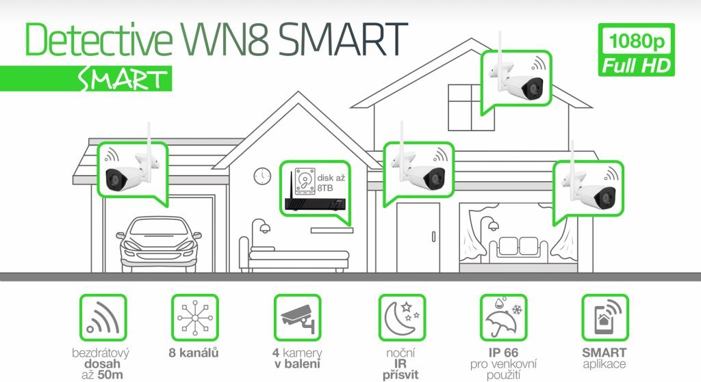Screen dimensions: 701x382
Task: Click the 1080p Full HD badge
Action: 636,49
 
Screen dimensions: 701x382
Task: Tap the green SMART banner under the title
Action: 86,79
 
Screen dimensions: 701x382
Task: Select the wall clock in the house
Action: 262,176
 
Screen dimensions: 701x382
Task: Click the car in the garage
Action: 159,243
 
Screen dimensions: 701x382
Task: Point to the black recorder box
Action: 316,204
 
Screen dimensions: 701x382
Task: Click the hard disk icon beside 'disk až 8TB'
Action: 305,180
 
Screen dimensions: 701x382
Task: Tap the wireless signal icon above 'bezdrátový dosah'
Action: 103,318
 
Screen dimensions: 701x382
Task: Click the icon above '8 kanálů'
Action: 195,318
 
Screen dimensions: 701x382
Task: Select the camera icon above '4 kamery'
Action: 298,318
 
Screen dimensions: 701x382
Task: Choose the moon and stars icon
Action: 402,318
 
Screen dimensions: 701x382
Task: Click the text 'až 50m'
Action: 102,375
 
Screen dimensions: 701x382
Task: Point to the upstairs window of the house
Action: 471,107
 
